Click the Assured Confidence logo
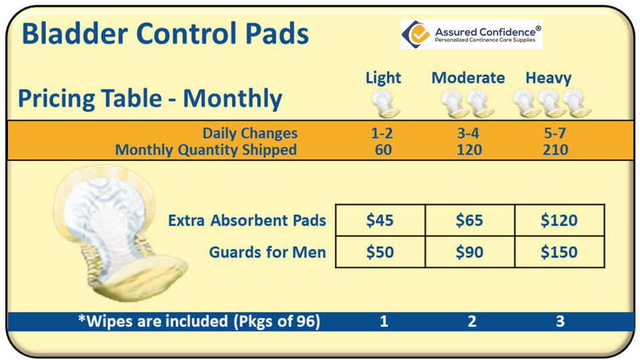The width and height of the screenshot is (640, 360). point(472,34)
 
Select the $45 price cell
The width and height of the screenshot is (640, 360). point(380,220)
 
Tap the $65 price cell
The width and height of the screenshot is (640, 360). point(470,220)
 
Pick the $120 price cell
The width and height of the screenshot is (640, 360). point(560,220)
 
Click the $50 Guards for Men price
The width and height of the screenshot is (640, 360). point(380,252)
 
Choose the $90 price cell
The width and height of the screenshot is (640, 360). point(470,252)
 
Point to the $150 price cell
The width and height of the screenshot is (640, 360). point(560,252)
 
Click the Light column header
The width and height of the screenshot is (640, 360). point(383,78)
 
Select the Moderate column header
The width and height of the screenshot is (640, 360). point(468,77)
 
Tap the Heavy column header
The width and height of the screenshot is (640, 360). point(548,78)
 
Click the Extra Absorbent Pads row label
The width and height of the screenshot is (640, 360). point(247,220)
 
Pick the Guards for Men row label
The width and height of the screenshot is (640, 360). point(267,252)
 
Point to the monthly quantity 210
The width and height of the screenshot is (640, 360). point(555,150)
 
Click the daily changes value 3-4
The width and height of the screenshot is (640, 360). point(468,133)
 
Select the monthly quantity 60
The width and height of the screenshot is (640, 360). point(383,150)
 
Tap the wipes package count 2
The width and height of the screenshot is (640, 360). point(472,321)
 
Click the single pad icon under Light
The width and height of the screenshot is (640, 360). point(385,104)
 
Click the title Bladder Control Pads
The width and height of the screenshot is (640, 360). point(165,33)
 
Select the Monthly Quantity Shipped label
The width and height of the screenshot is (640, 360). point(206,150)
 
